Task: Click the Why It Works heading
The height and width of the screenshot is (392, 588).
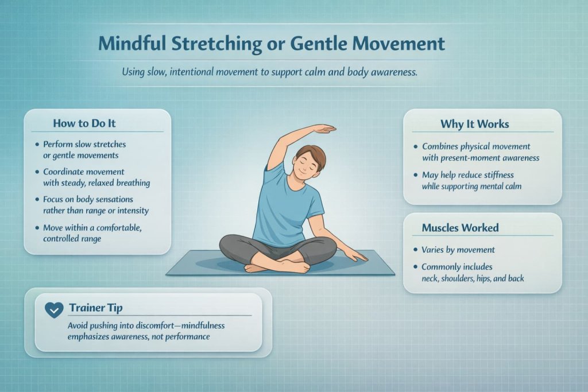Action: pos(474,124)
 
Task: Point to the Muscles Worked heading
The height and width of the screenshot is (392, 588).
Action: pos(460,228)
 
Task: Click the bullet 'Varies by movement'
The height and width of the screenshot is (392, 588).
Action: pos(458,250)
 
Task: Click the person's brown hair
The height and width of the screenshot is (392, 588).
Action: pos(310,154)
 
